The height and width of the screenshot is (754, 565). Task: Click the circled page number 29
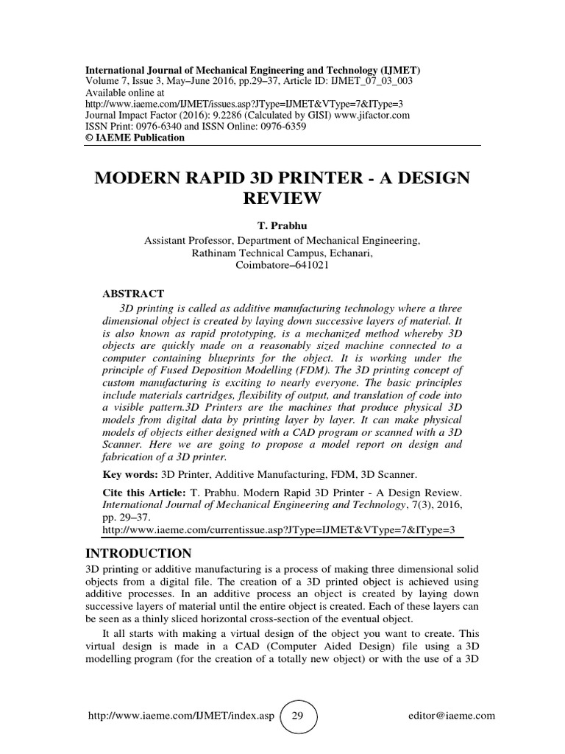click(297, 715)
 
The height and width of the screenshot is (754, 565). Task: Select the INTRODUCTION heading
click(140, 554)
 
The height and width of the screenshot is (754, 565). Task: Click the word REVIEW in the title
click(283, 198)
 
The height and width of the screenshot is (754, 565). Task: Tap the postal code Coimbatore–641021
click(283, 265)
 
